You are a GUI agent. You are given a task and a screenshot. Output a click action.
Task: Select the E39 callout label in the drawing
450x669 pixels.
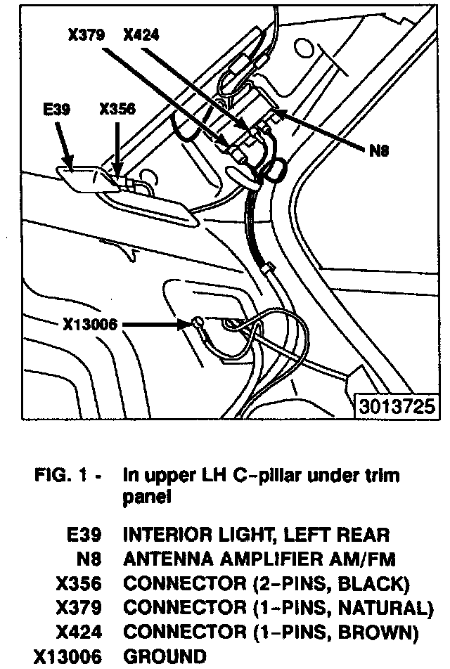point(56,110)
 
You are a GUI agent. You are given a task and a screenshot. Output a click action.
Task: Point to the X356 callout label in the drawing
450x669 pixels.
point(117,110)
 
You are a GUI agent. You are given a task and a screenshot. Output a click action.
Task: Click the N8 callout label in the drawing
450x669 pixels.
point(379,150)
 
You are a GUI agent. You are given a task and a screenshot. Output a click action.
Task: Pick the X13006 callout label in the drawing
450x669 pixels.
point(89,324)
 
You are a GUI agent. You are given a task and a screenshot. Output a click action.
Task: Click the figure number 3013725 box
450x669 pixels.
point(393,408)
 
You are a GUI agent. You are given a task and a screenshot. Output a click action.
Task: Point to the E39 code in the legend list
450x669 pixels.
point(85,535)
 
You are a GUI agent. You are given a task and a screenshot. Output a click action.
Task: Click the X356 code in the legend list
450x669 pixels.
point(77,583)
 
